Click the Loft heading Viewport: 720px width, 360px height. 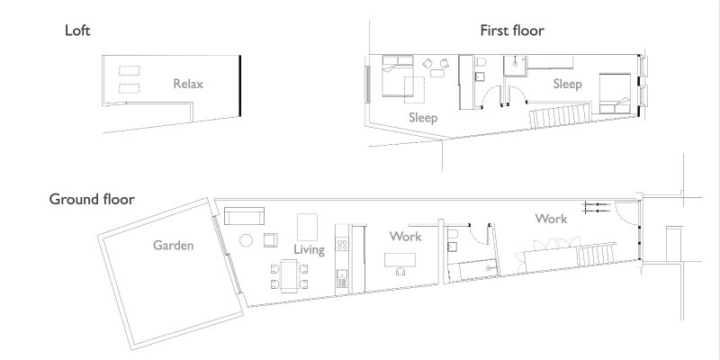point(77,31)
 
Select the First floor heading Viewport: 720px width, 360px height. point(512,31)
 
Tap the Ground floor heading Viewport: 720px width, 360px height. point(92,199)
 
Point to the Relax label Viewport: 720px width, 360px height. point(188,84)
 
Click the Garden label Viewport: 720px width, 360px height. point(173,245)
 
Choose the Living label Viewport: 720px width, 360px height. point(309,250)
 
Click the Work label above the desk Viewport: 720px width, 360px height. point(406,237)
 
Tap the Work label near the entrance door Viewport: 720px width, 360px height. point(551,219)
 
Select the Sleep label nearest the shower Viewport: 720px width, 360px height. point(568,84)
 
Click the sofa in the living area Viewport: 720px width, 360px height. point(244,216)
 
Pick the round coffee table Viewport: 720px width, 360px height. point(246,240)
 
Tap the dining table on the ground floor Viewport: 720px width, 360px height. point(289,276)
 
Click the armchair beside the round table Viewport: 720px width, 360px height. point(271,240)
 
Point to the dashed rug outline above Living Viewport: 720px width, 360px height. point(307,227)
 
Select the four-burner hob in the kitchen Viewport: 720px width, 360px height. point(342,244)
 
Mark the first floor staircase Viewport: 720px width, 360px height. point(560,116)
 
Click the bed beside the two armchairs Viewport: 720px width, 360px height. point(398,76)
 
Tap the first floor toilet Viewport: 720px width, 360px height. point(481,61)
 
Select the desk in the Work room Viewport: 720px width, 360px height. point(400,260)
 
